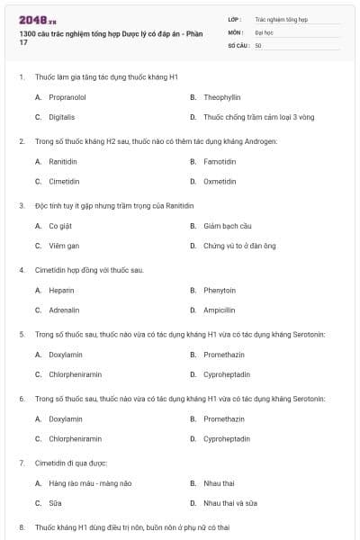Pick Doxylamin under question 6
(x=65, y=419)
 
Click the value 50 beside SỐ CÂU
(x=258, y=45)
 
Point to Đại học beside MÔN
(x=264, y=31)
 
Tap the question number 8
(x=22, y=526)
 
